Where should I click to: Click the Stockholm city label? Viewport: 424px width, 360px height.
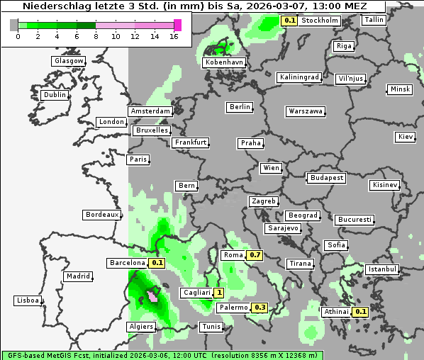(x=320, y=21)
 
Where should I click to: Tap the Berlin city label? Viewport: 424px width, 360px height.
(x=240, y=107)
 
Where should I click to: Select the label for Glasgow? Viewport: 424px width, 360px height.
(x=69, y=61)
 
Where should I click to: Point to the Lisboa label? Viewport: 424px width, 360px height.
(x=28, y=300)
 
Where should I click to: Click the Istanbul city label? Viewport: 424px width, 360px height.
(x=382, y=269)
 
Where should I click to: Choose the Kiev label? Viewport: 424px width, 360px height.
(x=406, y=137)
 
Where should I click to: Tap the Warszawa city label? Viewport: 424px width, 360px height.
(x=306, y=111)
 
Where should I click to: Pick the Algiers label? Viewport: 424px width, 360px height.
(x=140, y=327)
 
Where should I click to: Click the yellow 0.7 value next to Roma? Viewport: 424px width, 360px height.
(x=256, y=255)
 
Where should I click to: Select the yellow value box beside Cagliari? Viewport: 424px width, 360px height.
(x=220, y=293)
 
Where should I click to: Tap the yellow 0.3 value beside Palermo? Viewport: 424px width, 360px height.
(x=260, y=308)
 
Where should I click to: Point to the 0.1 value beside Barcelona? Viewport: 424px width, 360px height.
(x=157, y=263)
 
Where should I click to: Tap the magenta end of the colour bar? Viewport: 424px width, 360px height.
(x=177, y=25)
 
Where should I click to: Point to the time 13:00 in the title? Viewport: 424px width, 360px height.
(x=325, y=6)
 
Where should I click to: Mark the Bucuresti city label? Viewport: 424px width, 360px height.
(x=354, y=220)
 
